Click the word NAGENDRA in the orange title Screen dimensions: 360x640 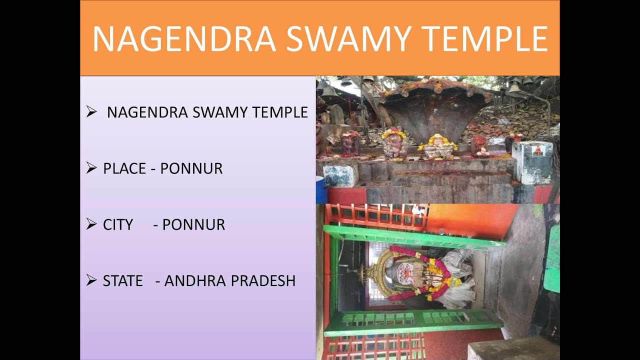tap(184, 39)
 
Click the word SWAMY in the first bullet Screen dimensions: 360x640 tap(220, 112)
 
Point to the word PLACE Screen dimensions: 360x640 tap(125, 169)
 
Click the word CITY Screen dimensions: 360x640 tap(118, 225)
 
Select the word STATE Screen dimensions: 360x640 tap(123, 281)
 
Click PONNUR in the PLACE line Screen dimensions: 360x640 tap(191, 169)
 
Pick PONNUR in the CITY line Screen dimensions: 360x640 tap(193, 225)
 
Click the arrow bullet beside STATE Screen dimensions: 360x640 tap(91, 280)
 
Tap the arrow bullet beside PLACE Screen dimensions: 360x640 tap(91, 168)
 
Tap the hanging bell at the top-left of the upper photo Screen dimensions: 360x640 tap(328, 91)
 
